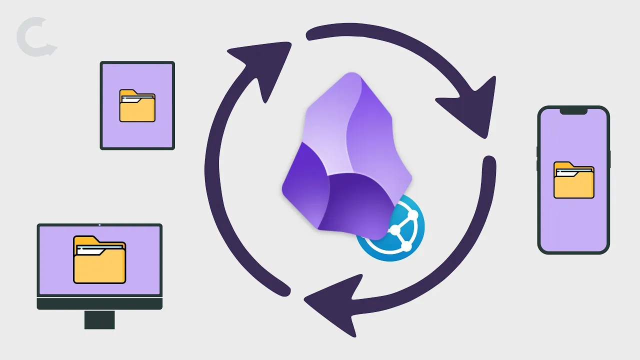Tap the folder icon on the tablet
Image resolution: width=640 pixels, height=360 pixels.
[x=137, y=105]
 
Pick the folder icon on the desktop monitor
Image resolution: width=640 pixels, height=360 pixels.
[x=99, y=259]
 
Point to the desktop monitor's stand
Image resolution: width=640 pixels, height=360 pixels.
[x=99, y=319]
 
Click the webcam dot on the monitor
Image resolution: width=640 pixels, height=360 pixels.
[x=99, y=225]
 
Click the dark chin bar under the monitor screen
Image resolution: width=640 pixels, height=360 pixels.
[x=99, y=304]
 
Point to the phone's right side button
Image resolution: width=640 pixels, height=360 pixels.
[x=609, y=158]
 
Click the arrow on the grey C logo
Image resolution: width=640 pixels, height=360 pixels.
[x=48, y=49]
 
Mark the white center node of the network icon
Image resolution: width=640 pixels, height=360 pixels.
[x=395, y=230]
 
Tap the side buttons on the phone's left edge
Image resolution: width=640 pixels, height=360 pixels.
[x=537, y=159]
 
